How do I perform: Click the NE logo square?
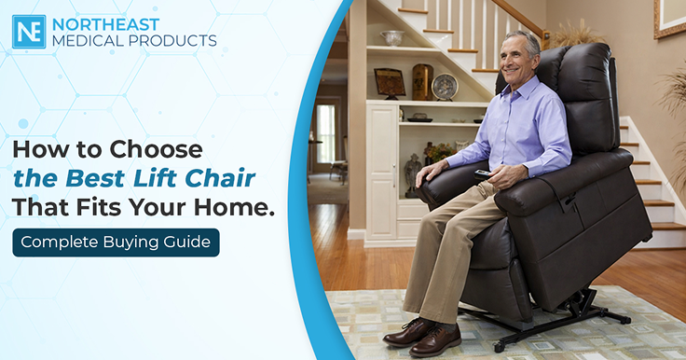29,32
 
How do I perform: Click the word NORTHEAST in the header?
106,24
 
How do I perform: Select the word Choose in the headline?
156,150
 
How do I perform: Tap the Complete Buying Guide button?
116,242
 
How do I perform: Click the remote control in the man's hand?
484,174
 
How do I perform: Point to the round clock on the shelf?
445,87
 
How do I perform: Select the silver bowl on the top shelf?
392,37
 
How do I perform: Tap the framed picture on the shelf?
390,83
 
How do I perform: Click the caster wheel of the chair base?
497,347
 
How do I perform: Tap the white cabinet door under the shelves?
382,171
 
